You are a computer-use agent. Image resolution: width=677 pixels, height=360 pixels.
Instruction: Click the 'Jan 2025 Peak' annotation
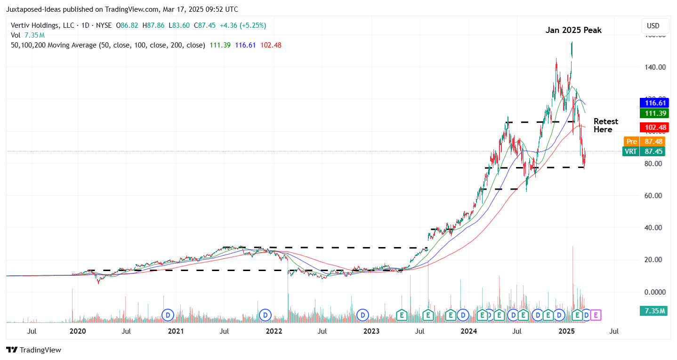(x=573, y=30)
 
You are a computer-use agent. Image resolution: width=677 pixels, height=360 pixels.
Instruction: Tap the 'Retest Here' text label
(x=605, y=126)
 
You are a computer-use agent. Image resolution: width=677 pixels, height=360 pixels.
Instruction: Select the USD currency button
(x=653, y=26)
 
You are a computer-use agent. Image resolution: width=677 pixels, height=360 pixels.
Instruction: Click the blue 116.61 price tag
(x=654, y=103)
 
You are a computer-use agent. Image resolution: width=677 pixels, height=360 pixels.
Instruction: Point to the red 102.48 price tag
(x=654, y=128)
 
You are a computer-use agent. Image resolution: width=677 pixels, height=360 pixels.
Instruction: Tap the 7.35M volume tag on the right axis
(x=653, y=311)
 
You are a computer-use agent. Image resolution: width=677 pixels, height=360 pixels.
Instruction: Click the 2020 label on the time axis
(x=78, y=331)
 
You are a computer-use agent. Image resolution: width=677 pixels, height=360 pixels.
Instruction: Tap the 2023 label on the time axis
(x=371, y=331)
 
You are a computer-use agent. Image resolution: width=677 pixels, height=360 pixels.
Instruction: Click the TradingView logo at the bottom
(x=33, y=350)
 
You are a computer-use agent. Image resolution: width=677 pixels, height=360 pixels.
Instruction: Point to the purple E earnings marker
(x=596, y=314)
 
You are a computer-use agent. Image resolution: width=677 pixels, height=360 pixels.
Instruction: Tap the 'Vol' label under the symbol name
(x=16, y=35)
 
